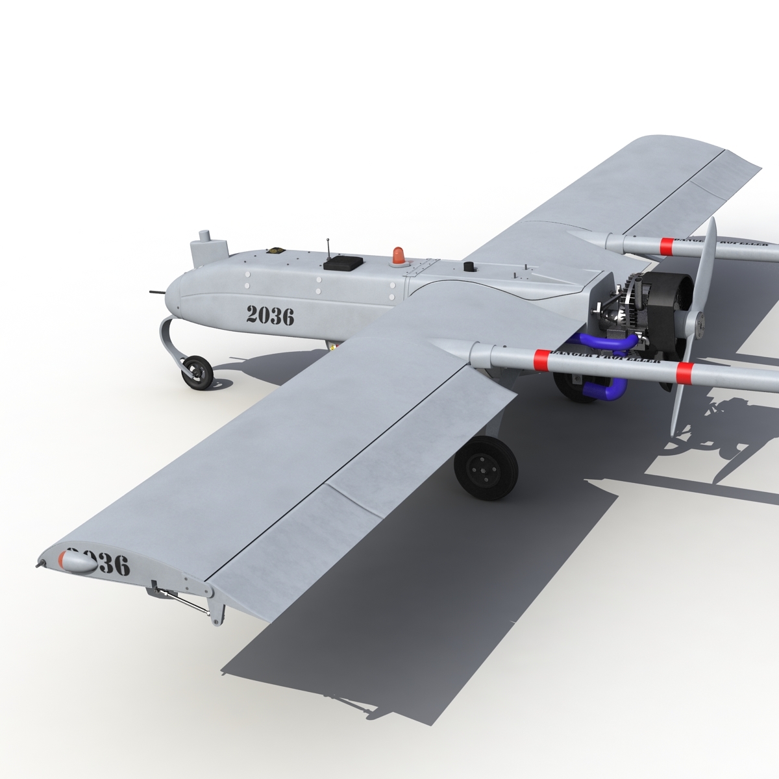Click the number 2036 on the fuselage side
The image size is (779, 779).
tap(270, 315)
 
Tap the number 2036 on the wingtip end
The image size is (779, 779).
tap(104, 562)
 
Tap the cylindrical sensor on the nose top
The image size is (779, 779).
tap(210, 245)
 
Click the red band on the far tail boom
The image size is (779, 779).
tap(667, 245)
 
